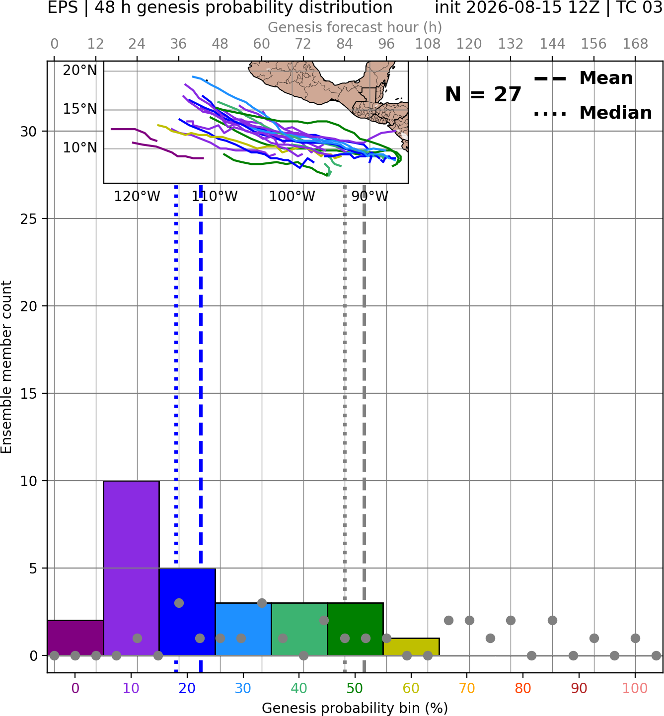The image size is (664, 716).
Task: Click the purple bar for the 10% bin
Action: [x=131, y=568]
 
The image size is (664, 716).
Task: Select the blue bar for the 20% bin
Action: [x=187, y=611]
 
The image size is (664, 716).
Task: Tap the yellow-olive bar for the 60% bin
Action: [x=411, y=646]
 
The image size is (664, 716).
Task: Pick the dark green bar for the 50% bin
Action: [x=355, y=629]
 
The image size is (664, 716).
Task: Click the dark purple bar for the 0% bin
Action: [x=75, y=638]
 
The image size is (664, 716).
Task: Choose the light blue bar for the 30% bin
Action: [x=243, y=629]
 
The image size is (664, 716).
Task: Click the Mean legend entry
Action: [x=583, y=78]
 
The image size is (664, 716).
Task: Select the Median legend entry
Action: [x=592, y=113]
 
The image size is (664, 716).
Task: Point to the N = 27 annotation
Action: [x=483, y=94]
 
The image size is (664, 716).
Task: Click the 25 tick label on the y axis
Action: [x=28, y=219]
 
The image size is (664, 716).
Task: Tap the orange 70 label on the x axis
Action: [x=467, y=688]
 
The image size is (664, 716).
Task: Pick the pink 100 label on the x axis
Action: [x=635, y=688]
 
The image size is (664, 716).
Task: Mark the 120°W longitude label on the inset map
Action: [x=137, y=197]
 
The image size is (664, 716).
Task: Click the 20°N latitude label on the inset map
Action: [x=79, y=71]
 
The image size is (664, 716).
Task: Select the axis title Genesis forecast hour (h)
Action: [x=355, y=27]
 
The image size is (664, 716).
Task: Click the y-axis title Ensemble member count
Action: [x=6, y=367]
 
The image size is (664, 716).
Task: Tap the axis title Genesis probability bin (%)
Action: [x=355, y=708]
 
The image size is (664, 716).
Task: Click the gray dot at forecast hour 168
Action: [x=635, y=638]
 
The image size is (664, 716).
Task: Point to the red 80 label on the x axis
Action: [x=523, y=688]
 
